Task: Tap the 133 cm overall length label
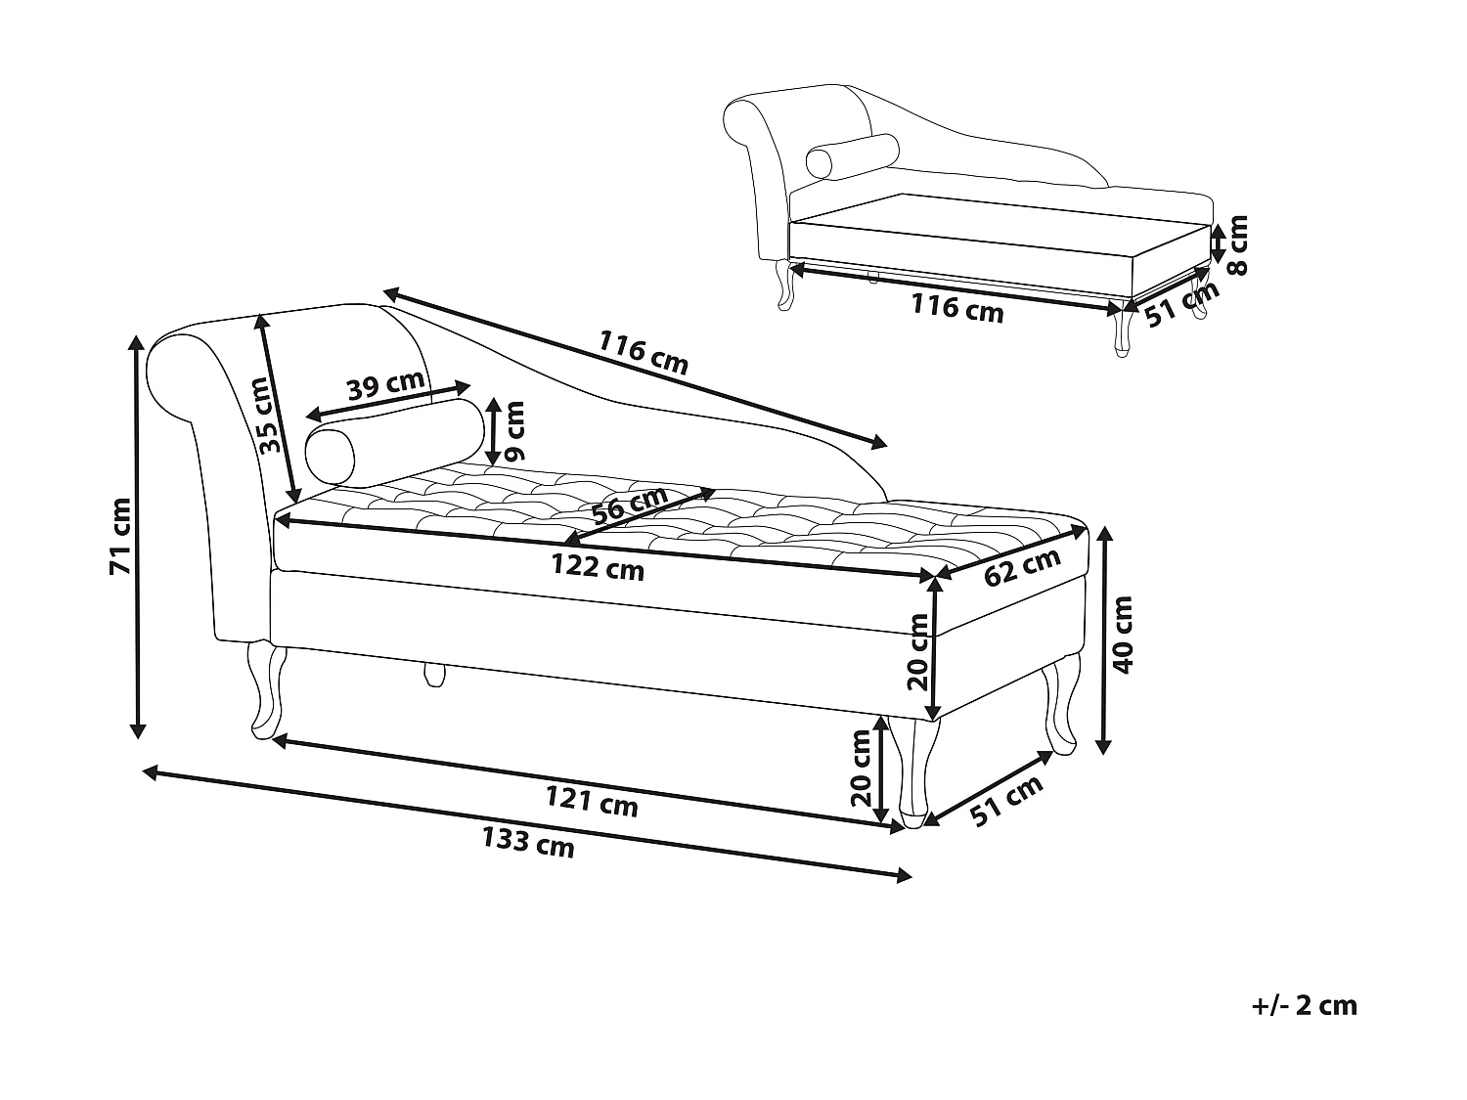click(528, 842)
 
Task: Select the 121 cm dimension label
click(592, 803)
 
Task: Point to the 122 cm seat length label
click(598, 566)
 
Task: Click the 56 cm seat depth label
click(630, 506)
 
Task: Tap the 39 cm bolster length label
click(385, 385)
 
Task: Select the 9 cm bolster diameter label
click(514, 431)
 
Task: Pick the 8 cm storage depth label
click(1238, 245)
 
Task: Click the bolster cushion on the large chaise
click(395, 441)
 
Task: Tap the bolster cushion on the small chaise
click(852, 155)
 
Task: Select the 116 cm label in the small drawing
click(957, 308)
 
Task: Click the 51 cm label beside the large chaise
click(1008, 801)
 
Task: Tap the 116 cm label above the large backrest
click(644, 352)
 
